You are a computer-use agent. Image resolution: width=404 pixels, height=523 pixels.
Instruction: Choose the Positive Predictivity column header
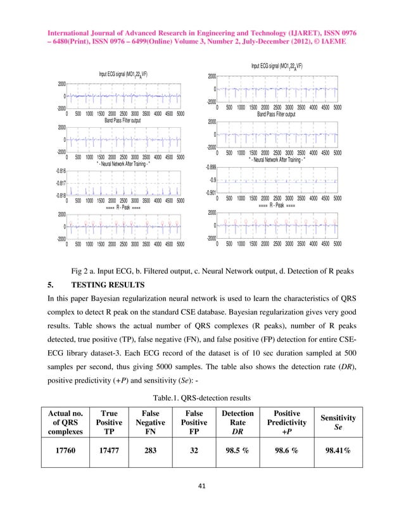point(290,422)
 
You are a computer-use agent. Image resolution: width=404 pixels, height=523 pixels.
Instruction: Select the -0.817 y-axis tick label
point(58,184)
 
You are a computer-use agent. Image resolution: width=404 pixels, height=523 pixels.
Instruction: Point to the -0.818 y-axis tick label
point(58,196)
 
